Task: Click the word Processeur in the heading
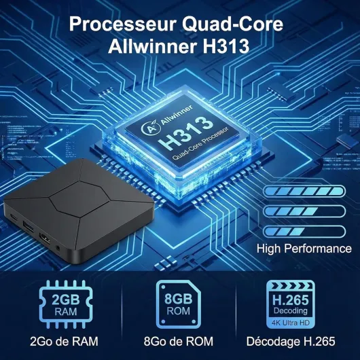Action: coord(123,24)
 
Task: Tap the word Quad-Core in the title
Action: coord(232,24)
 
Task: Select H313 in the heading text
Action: coord(226,46)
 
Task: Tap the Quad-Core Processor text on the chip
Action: coord(200,144)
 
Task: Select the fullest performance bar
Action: coord(304,192)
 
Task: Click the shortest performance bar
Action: coord(304,232)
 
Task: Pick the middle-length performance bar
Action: coord(304,211)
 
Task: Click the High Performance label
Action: coord(304,249)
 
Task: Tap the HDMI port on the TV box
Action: coord(46,238)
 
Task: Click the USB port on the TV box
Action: coord(29,226)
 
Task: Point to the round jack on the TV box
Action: coord(58,248)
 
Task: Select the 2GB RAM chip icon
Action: coord(66,304)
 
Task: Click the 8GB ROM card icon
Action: coord(179,304)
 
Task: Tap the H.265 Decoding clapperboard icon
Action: coord(291,304)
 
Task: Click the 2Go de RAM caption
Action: coord(64,342)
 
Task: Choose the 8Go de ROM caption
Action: coord(179,342)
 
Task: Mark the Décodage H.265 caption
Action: coord(291,342)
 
